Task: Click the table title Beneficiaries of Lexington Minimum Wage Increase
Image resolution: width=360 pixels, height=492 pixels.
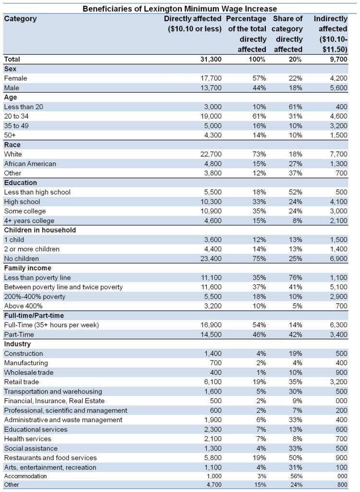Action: pos(180,9)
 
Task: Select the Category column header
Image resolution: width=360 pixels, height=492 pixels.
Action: pos(20,19)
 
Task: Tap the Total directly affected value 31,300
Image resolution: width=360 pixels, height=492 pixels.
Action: pos(211,59)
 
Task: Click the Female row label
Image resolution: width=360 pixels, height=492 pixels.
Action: pos(16,78)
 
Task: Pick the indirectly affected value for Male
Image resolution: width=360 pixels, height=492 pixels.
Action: pos(339,88)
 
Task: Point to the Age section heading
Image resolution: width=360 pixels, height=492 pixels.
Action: pos(11,98)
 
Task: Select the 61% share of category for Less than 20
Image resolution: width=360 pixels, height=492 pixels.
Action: pos(295,107)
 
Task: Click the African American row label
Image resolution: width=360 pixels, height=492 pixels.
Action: pos(30,164)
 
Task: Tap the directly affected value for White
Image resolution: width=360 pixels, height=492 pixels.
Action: pos(211,154)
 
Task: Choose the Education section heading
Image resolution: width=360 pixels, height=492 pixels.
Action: pos(20,183)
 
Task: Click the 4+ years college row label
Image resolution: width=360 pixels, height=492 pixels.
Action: pos(29,221)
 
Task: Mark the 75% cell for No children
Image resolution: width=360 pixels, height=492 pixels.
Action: pos(259,259)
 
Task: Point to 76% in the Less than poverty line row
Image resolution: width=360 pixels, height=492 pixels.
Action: pos(295,278)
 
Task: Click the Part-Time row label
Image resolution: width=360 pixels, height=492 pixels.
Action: pos(19,334)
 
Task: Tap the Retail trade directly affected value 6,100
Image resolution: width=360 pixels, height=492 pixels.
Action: pos(213,382)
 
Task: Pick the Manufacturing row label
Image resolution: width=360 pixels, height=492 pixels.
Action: pos(26,363)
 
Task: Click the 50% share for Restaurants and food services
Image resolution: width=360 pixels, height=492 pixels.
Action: pos(295,458)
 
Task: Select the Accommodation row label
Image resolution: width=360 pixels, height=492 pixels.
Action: pos(25,476)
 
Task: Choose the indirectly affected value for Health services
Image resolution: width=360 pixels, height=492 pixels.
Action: pos(341,439)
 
